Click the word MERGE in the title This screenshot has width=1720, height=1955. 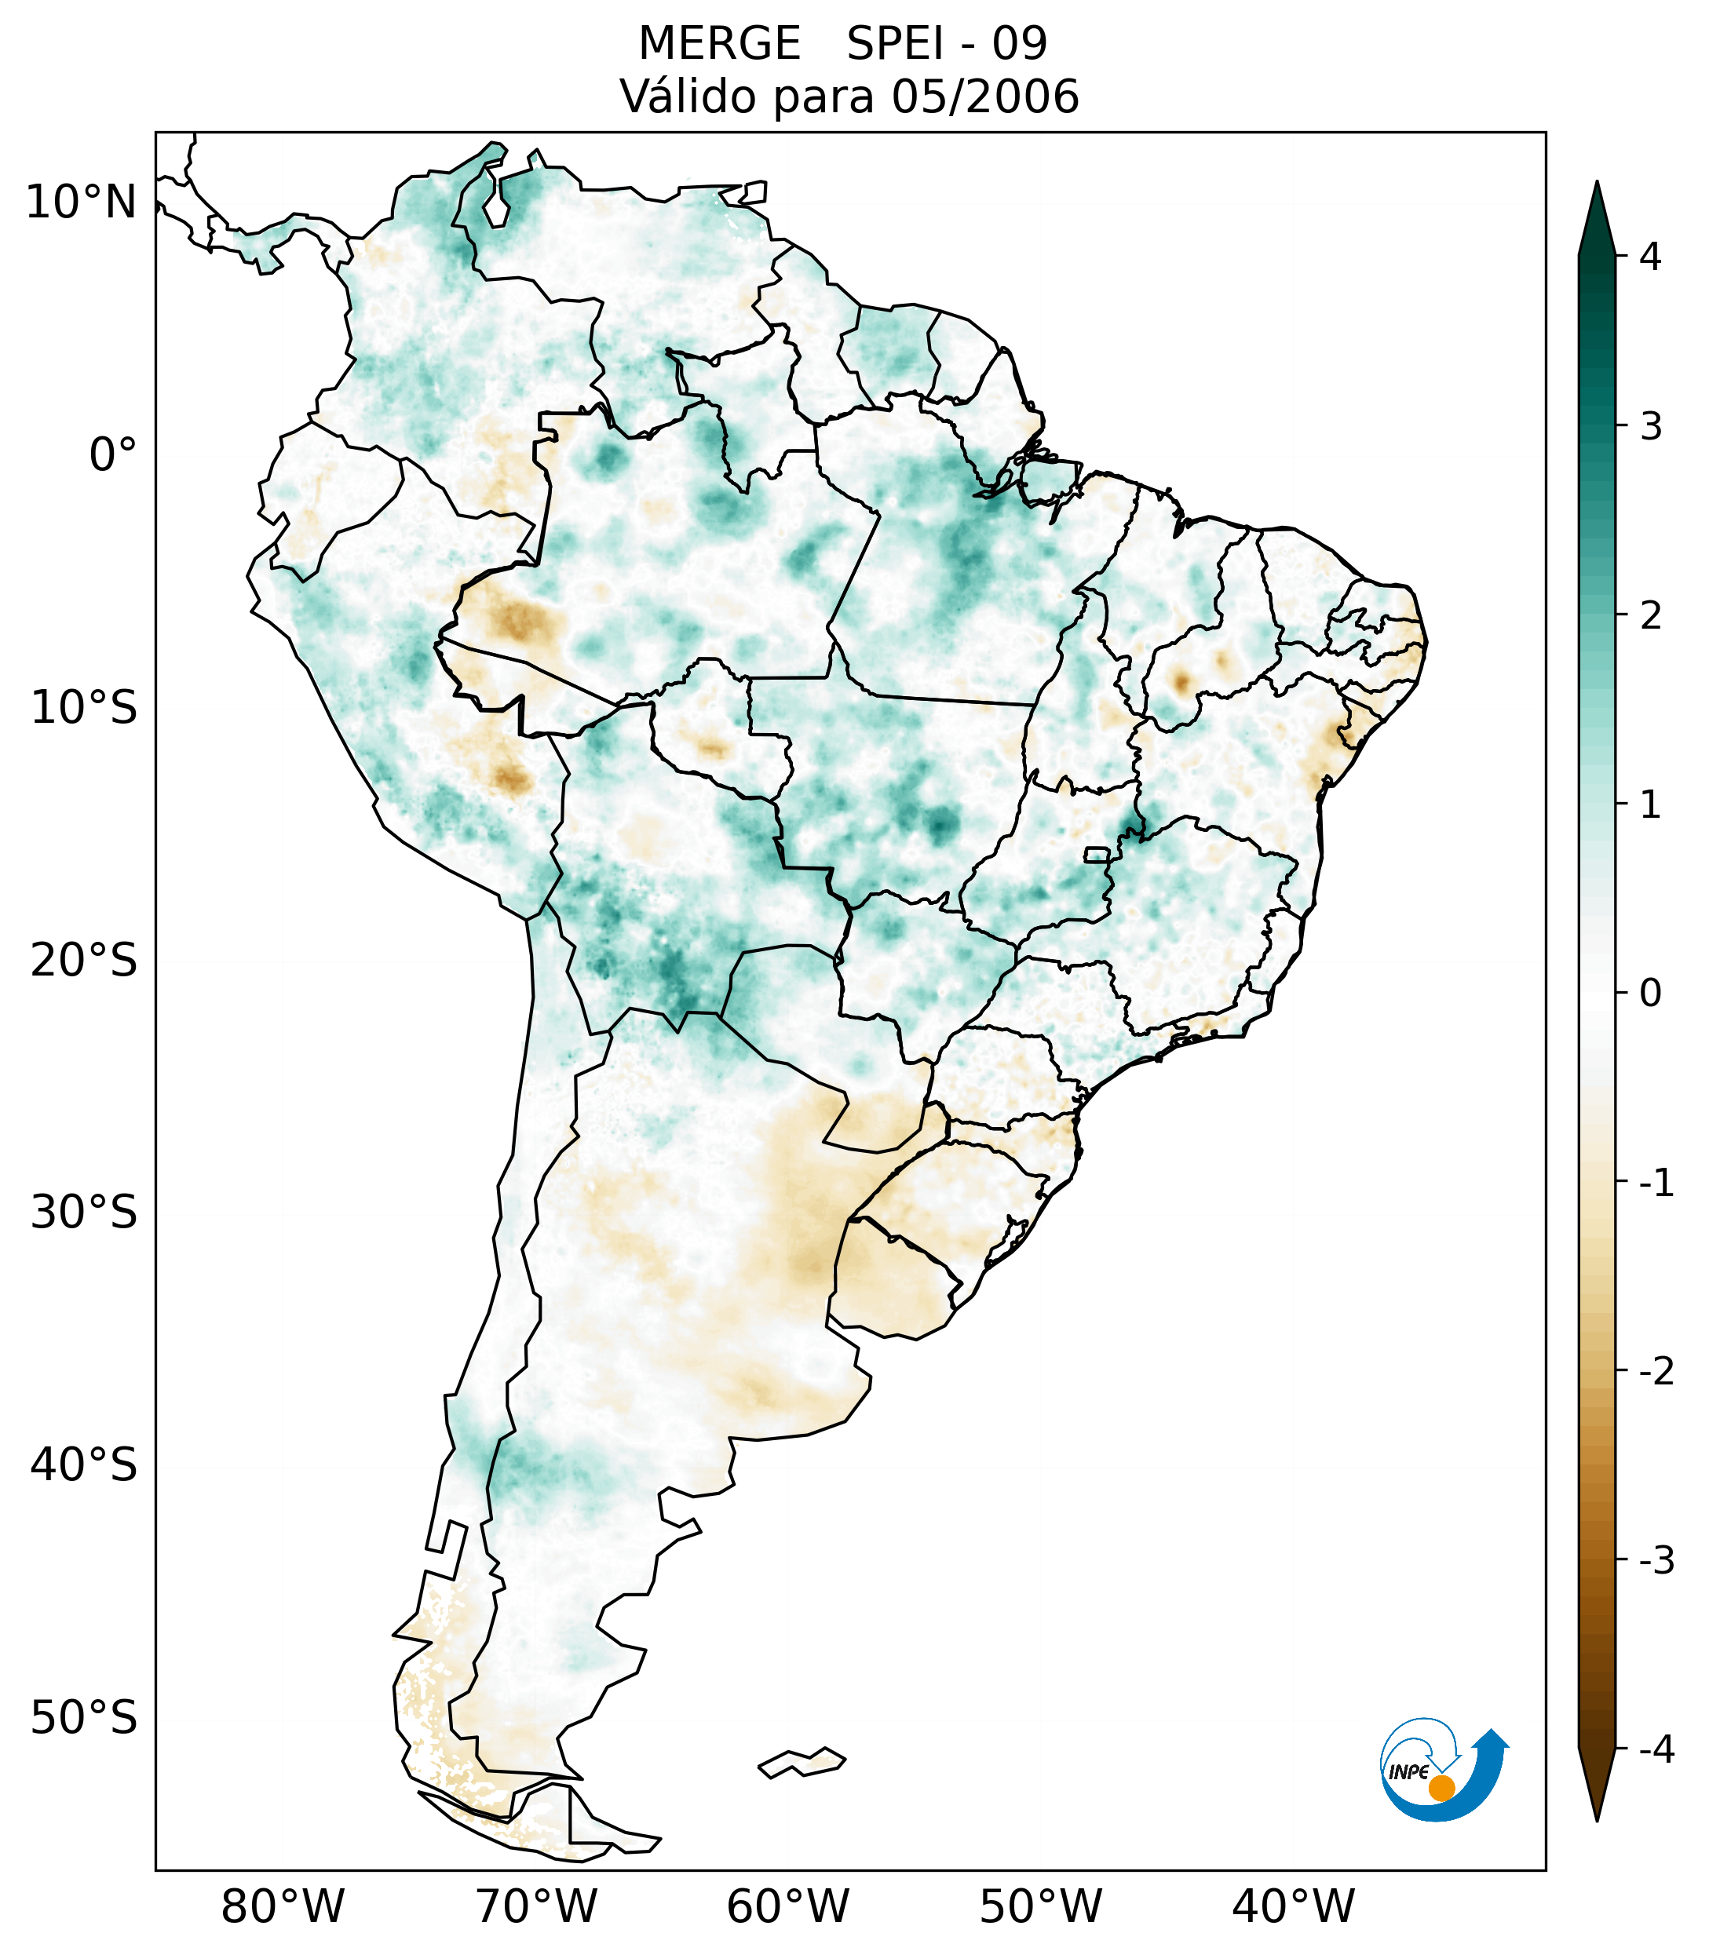pos(718,44)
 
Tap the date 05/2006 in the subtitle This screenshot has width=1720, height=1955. pos(984,97)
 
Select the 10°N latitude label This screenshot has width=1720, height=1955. pos(82,202)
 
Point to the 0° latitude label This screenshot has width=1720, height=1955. pos(113,455)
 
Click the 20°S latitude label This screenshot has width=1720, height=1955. pos(84,961)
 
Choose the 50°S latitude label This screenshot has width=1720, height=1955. pos(84,1718)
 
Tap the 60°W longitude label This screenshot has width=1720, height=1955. pos(787,1906)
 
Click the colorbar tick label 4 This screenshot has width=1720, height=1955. pos(1650,257)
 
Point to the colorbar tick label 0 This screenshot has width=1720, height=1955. pos(1650,994)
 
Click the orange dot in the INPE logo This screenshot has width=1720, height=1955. pos(1441,1788)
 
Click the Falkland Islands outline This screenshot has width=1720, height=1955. pos(802,1762)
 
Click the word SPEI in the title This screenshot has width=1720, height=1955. pos(896,44)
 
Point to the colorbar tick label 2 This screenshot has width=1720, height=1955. pos(1650,616)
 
